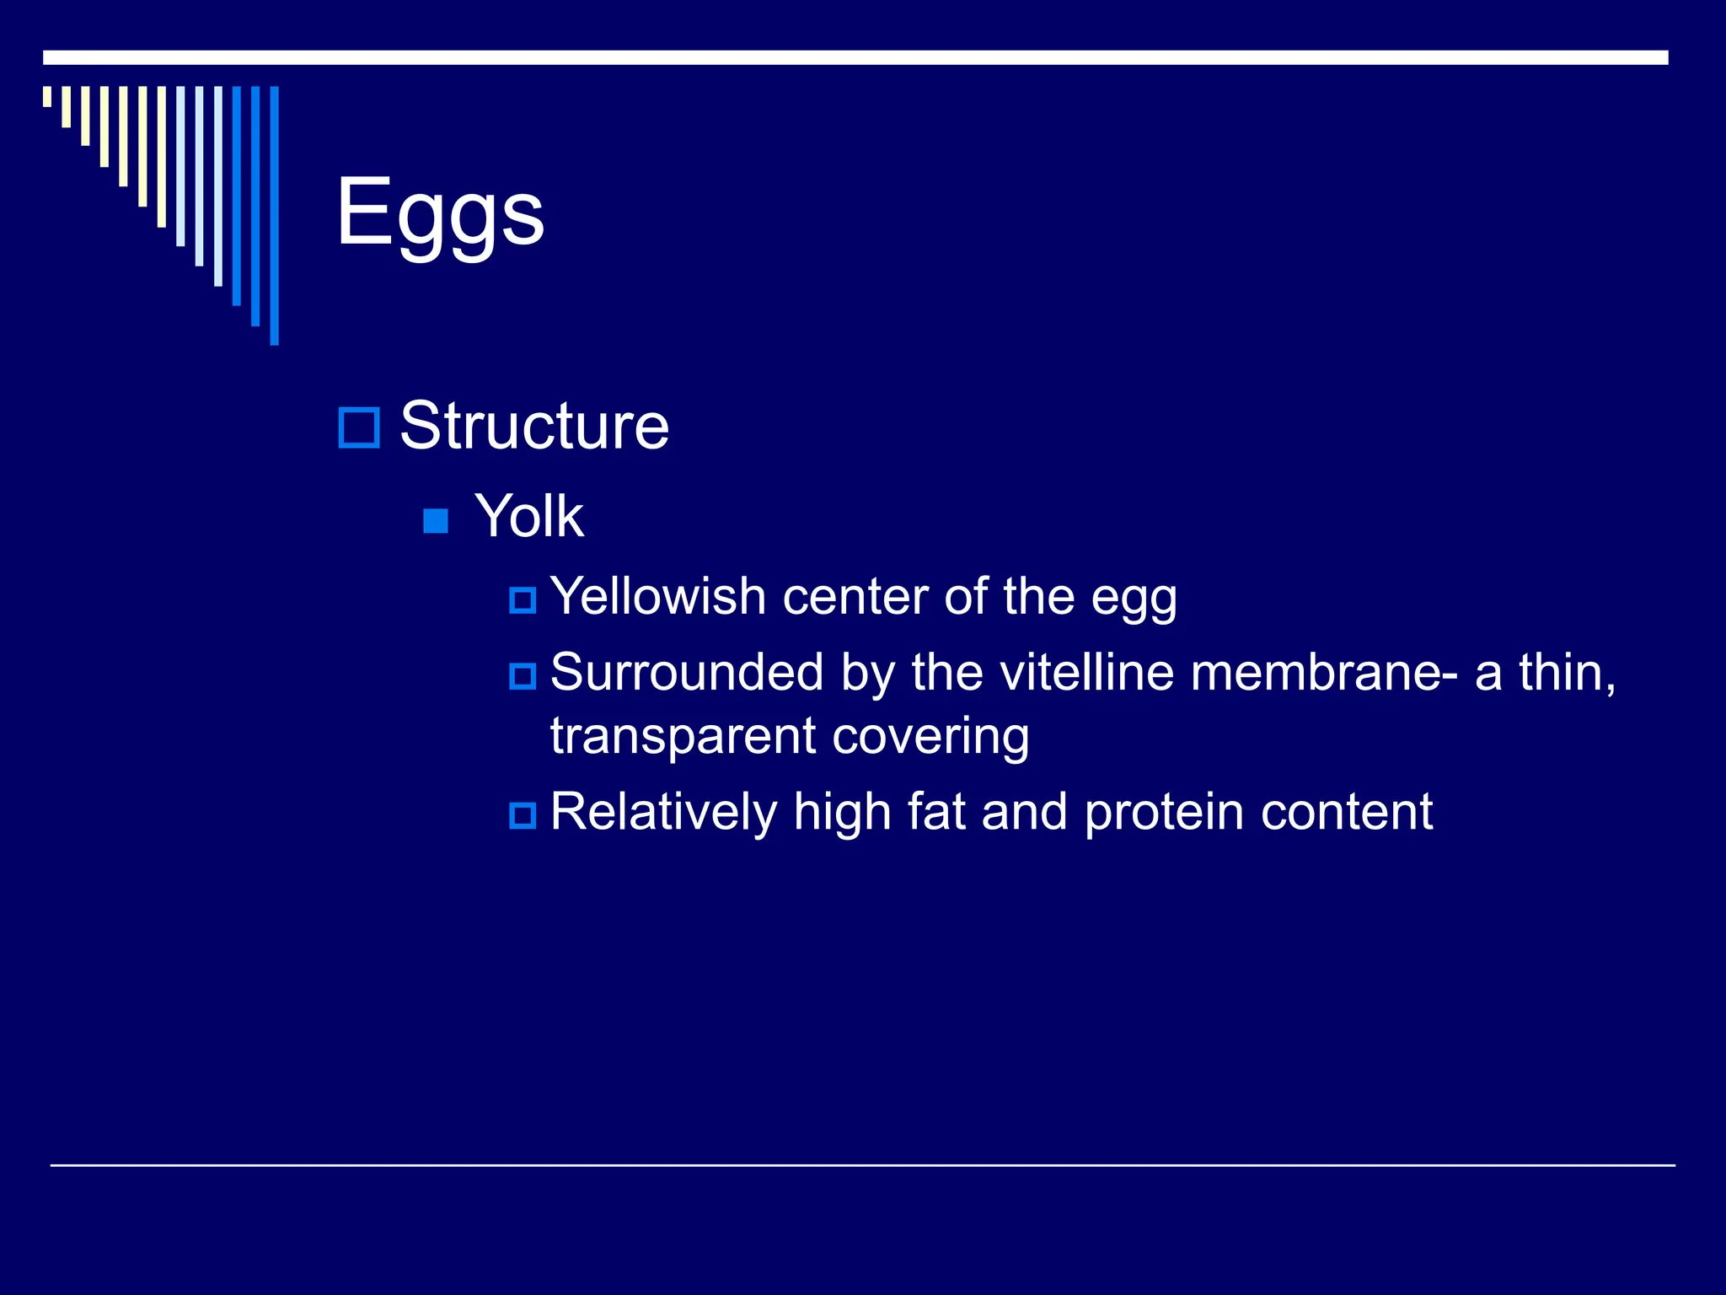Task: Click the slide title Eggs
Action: (440, 212)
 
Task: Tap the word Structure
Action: (533, 426)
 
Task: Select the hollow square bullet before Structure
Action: (359, 427)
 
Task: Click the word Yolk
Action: (528, 516)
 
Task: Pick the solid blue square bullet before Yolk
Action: (436, 521)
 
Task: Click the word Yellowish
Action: (657, 597)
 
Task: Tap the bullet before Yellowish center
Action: (523, 600)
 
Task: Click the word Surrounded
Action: (686, 673)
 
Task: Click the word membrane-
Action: (1324, 673)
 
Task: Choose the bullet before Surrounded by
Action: (523, 676)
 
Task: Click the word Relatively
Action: (662, 812)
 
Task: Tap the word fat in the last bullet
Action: (936, 812)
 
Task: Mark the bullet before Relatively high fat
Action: (523, 815)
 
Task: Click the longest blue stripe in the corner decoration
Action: (274, 215)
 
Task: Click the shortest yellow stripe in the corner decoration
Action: (47, 96)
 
